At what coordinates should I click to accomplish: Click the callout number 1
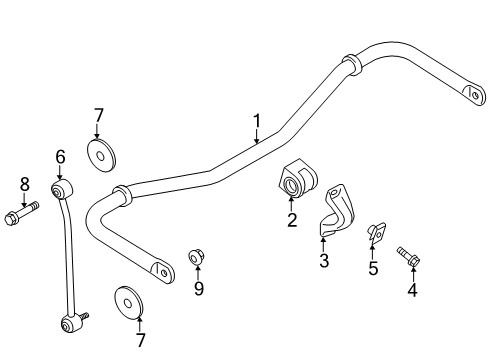click(x=257, y=121)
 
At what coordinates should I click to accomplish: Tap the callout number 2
click(x=292, y=220)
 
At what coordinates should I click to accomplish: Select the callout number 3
click(x=324, y=260)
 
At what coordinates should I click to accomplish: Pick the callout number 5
click(x=373, y=268)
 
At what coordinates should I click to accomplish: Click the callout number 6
click(x=60, y=157)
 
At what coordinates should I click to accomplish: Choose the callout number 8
click(x=25, y=184)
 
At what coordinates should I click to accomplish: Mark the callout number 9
click(x=199, y=288)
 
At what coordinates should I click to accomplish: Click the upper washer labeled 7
click(x=101, y=156)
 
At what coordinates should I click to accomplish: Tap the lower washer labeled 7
click(x=129, y=303)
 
